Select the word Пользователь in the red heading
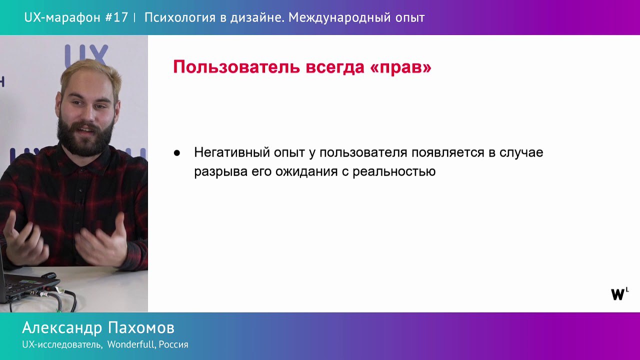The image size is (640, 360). [236, 67]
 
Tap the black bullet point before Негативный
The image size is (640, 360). [177, 153]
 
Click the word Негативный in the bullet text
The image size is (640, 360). [232, 152]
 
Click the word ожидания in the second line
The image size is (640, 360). [306, 172]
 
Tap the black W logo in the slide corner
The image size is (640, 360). [619, 294]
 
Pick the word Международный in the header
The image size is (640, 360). [339, 17]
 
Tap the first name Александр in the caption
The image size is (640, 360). [62, 328]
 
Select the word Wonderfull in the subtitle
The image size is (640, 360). [131, 344]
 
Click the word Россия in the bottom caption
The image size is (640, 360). [173, 344]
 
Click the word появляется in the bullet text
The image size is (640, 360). [448, 152]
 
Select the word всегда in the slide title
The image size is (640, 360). [335, 67]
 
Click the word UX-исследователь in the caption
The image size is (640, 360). [62, 344]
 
